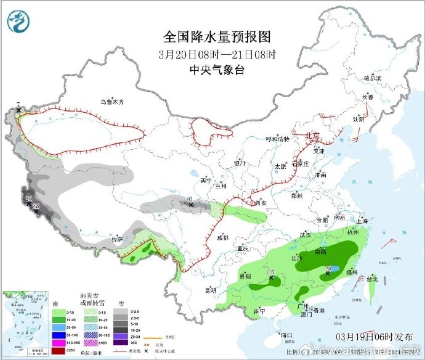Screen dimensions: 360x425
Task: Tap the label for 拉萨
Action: (x=117, y=239)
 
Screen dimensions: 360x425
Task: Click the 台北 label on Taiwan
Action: (x=372, y=279)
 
